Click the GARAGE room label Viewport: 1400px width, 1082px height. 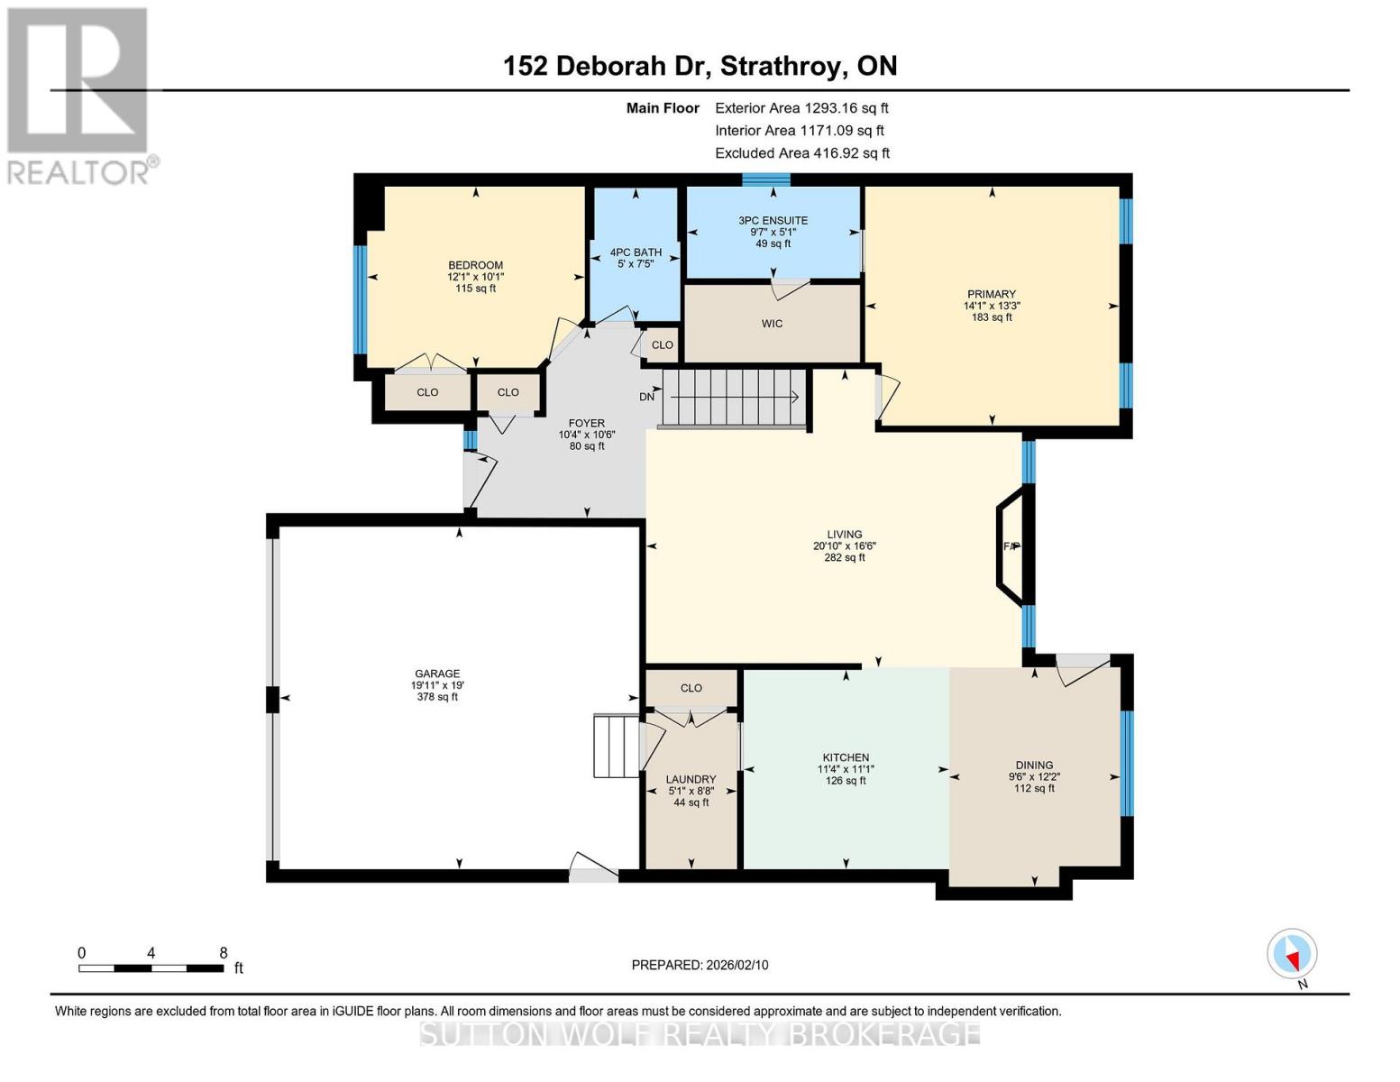(x=437, y=674)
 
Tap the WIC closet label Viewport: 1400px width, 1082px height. (x=772, y=324)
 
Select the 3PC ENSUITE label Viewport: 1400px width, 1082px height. (x=773, y=220)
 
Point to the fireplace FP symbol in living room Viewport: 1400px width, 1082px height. (x=1011, y=546)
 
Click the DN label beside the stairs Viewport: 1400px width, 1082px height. (x=647, y=397)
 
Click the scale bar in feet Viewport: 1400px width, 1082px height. (x=151, y=967)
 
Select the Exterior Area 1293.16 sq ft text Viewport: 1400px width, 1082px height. (x=801, y=107)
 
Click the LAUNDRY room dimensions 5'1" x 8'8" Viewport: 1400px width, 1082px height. (x=691, y=791)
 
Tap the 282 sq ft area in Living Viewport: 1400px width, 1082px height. (x=845, y=557)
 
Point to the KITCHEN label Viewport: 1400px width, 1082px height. (x=846, y=757)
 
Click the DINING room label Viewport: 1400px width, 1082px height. (x=1034, y=765)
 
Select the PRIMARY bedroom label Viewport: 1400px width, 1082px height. (x=992, y=294)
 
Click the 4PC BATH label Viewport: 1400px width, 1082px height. (x=636, y=252)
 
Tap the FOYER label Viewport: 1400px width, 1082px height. (x=586, y=423)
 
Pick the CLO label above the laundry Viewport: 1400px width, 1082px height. (x=691, y=688)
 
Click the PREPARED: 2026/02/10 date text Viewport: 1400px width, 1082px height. (x=700, y=965)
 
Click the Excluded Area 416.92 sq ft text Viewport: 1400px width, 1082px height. (x=802, y=153)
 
